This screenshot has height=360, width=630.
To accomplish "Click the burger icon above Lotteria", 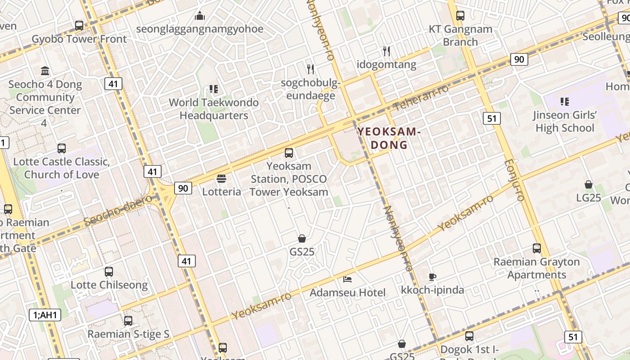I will click(x=221, y=179).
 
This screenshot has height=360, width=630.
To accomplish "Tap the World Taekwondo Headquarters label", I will click(x=214, y=109).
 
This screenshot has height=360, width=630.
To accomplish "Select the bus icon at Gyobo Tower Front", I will click(x=79, y=26).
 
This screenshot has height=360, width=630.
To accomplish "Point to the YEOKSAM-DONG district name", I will click(x=389, y=138).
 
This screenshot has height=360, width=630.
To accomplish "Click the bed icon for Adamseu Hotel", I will click(x=347, y=279).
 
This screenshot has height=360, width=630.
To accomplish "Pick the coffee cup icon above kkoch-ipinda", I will click(x=432, y=277).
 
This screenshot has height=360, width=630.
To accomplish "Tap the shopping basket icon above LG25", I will click(x=589, y=184).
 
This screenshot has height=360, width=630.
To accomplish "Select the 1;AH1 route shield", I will click(x=45, y=315).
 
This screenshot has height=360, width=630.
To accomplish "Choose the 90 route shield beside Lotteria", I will click(x=183, y=188).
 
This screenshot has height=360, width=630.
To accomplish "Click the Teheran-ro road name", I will click(x=421, y=97).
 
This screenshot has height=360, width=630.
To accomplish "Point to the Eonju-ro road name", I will click(x=514, y=180).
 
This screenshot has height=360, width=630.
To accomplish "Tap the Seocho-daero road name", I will click(x=118, y=211).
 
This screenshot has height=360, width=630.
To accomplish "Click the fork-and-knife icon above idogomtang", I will click(x=387, y=51).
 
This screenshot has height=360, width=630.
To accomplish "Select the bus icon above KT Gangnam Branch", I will click(x=460, y=16).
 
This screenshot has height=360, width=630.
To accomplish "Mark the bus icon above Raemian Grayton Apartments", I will click(x=536, y=248).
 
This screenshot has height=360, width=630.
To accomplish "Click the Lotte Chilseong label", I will click(x=109, y=285).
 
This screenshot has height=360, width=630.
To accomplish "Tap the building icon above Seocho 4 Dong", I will click(x=45, y=71).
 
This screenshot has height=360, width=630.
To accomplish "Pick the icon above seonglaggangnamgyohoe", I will click(x=200, y=17).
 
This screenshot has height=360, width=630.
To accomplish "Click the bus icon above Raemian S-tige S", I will click(x=128, y=321).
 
